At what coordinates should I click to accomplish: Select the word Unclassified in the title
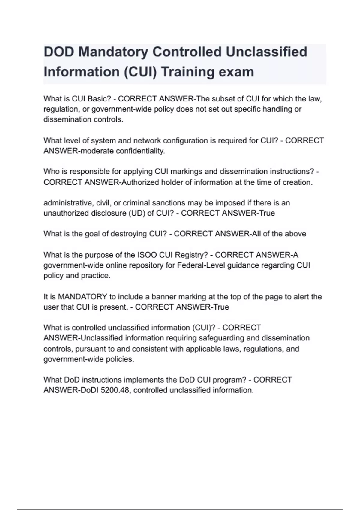(x=266, y=52)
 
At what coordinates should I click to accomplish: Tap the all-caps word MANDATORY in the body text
(x=82, y=297)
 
